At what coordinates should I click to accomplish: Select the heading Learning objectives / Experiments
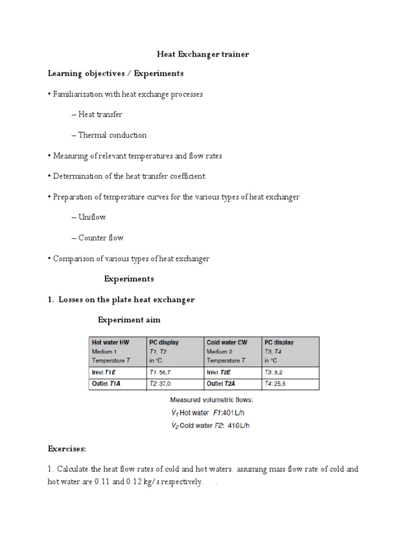pos(116,73)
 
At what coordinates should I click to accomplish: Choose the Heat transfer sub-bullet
pos(100,114)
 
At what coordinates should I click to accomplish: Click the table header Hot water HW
pos(110,342)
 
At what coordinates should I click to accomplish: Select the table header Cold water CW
pos(226,342)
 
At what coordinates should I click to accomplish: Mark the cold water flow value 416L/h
pos(238,426)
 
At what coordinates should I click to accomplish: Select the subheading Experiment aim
pos(129,320)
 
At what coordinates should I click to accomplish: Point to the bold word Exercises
pos(67,449)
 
